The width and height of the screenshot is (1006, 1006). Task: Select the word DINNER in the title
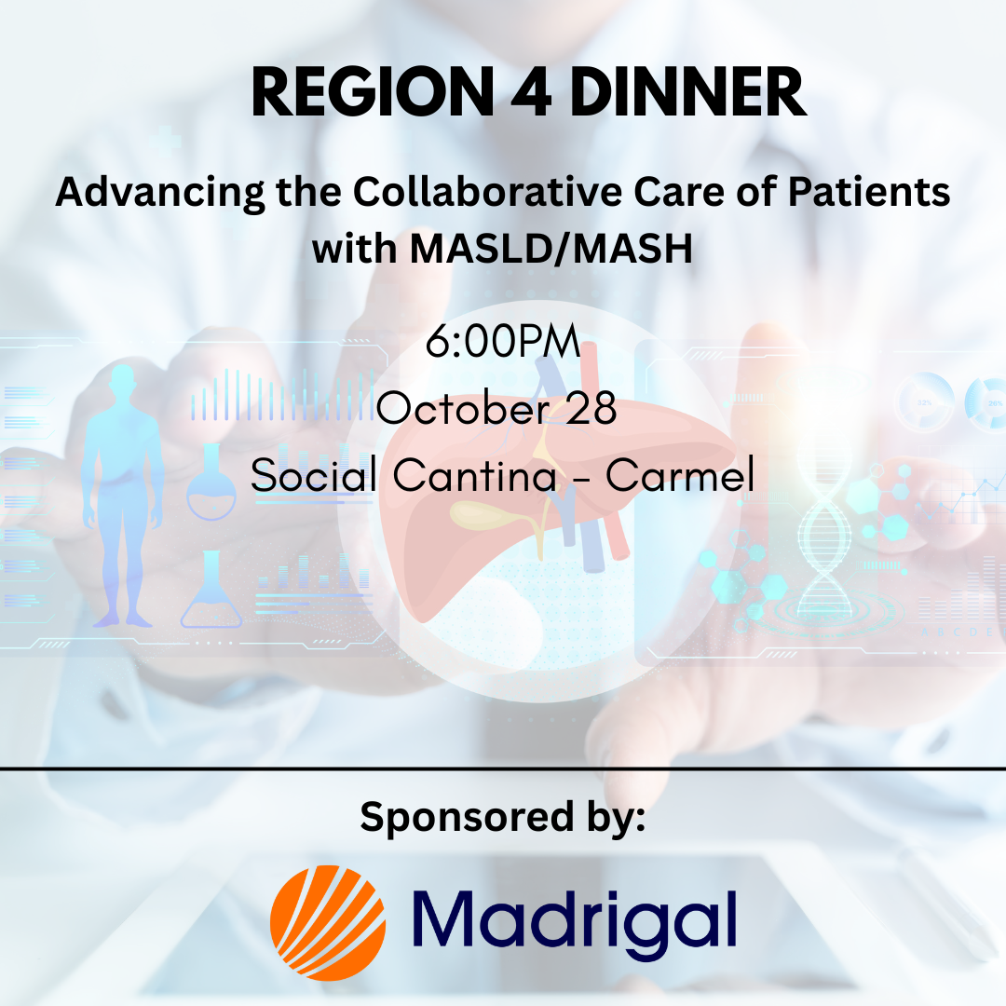(x=687, y=92)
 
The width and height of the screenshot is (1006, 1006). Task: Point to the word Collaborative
(x=487, y=192)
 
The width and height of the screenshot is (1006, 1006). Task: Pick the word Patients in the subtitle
(x=869, y=192)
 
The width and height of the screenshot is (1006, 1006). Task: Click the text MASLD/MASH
(x=551, y=249)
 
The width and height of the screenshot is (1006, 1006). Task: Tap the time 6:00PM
(x=503, y=341)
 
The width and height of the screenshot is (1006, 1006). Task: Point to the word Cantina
(x=474, y=475)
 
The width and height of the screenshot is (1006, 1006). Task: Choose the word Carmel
(x=680, y=475)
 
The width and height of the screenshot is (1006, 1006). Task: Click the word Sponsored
(x=467, y=818)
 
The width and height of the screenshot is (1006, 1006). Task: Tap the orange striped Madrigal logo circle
(x=328, y=922)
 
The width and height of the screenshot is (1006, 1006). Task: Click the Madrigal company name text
(x=574, y=920)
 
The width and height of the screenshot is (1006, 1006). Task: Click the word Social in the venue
(x=314, y=475)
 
